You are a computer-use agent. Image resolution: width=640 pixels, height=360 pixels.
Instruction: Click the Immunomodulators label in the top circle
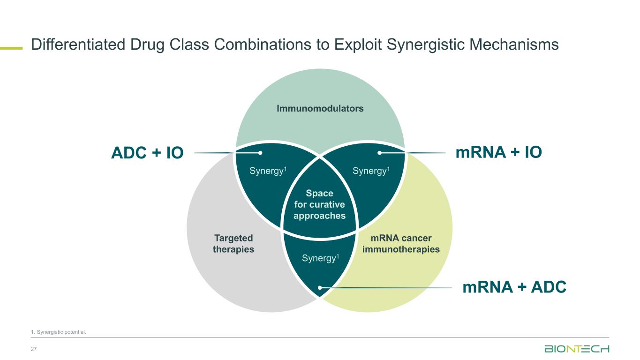point(320,108)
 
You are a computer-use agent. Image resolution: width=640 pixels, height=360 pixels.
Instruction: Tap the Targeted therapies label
point(233,244)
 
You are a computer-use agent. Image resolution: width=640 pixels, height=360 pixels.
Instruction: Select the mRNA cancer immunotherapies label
point(401,244)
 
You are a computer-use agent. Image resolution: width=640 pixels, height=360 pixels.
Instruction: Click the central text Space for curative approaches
point(319,204)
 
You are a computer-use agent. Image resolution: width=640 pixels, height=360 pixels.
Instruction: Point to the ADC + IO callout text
point(147,152)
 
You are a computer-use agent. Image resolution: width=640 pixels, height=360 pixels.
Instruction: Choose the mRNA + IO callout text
point(498,152)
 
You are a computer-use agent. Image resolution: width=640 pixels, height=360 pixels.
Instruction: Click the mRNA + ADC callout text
point(514,287)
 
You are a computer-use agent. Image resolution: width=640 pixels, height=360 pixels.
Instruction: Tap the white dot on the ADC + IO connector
point(260,153)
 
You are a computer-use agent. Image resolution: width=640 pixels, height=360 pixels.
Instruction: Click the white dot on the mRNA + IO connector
point(379,153)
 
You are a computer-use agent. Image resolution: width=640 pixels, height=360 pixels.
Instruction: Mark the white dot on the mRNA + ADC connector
point(320,288)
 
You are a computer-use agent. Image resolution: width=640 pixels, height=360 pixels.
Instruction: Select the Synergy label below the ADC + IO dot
point(268,171)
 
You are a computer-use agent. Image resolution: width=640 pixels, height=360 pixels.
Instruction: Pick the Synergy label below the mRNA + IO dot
point(371,171)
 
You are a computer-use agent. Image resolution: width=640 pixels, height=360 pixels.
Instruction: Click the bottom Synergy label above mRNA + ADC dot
point(320,258)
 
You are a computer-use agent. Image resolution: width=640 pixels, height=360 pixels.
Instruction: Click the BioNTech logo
point(577,349)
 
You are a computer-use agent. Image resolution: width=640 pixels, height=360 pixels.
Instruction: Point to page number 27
point(34,349)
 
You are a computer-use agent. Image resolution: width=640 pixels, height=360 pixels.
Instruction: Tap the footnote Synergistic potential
point(59,332)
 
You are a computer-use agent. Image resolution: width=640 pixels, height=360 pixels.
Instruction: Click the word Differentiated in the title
point(78,45)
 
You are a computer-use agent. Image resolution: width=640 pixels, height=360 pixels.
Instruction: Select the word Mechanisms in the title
point(514,45)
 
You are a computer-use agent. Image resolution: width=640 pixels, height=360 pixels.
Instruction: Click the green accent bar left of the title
point(11,48)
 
